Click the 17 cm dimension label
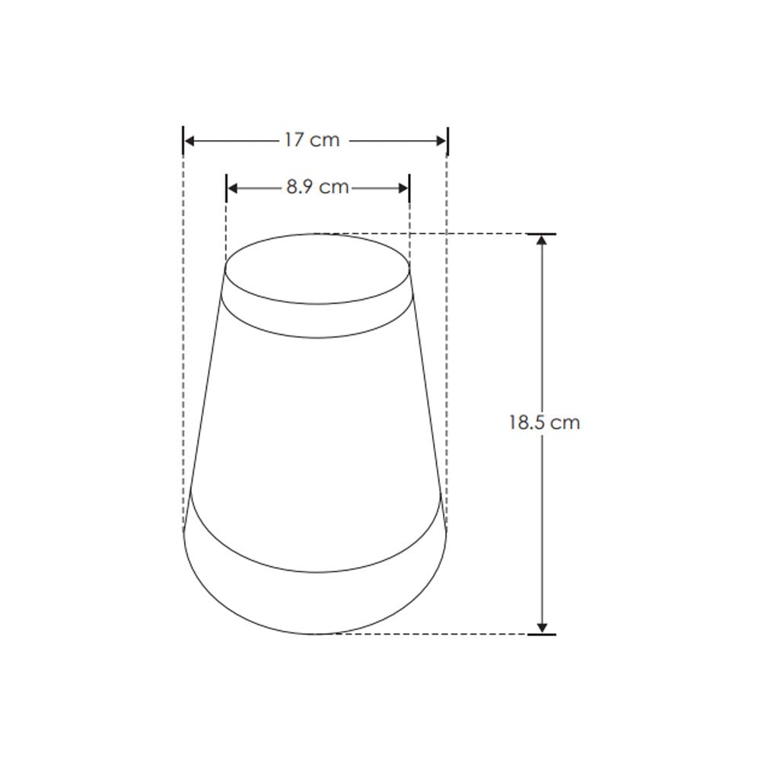(x=312, y=141)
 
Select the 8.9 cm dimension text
(x=317, y=187)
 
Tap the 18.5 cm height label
(x=544, y=423)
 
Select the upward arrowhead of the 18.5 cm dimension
(x=542, y=241)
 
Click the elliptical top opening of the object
(x=317, y=268)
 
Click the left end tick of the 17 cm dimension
(x=183, y=141)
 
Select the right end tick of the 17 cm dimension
(x=447, y=141)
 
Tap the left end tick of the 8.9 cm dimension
(x=226, y=188)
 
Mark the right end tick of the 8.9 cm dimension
(x=409, y=188)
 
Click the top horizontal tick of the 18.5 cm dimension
(x=542, y=234)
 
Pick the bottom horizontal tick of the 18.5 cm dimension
(x=542, y=634)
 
